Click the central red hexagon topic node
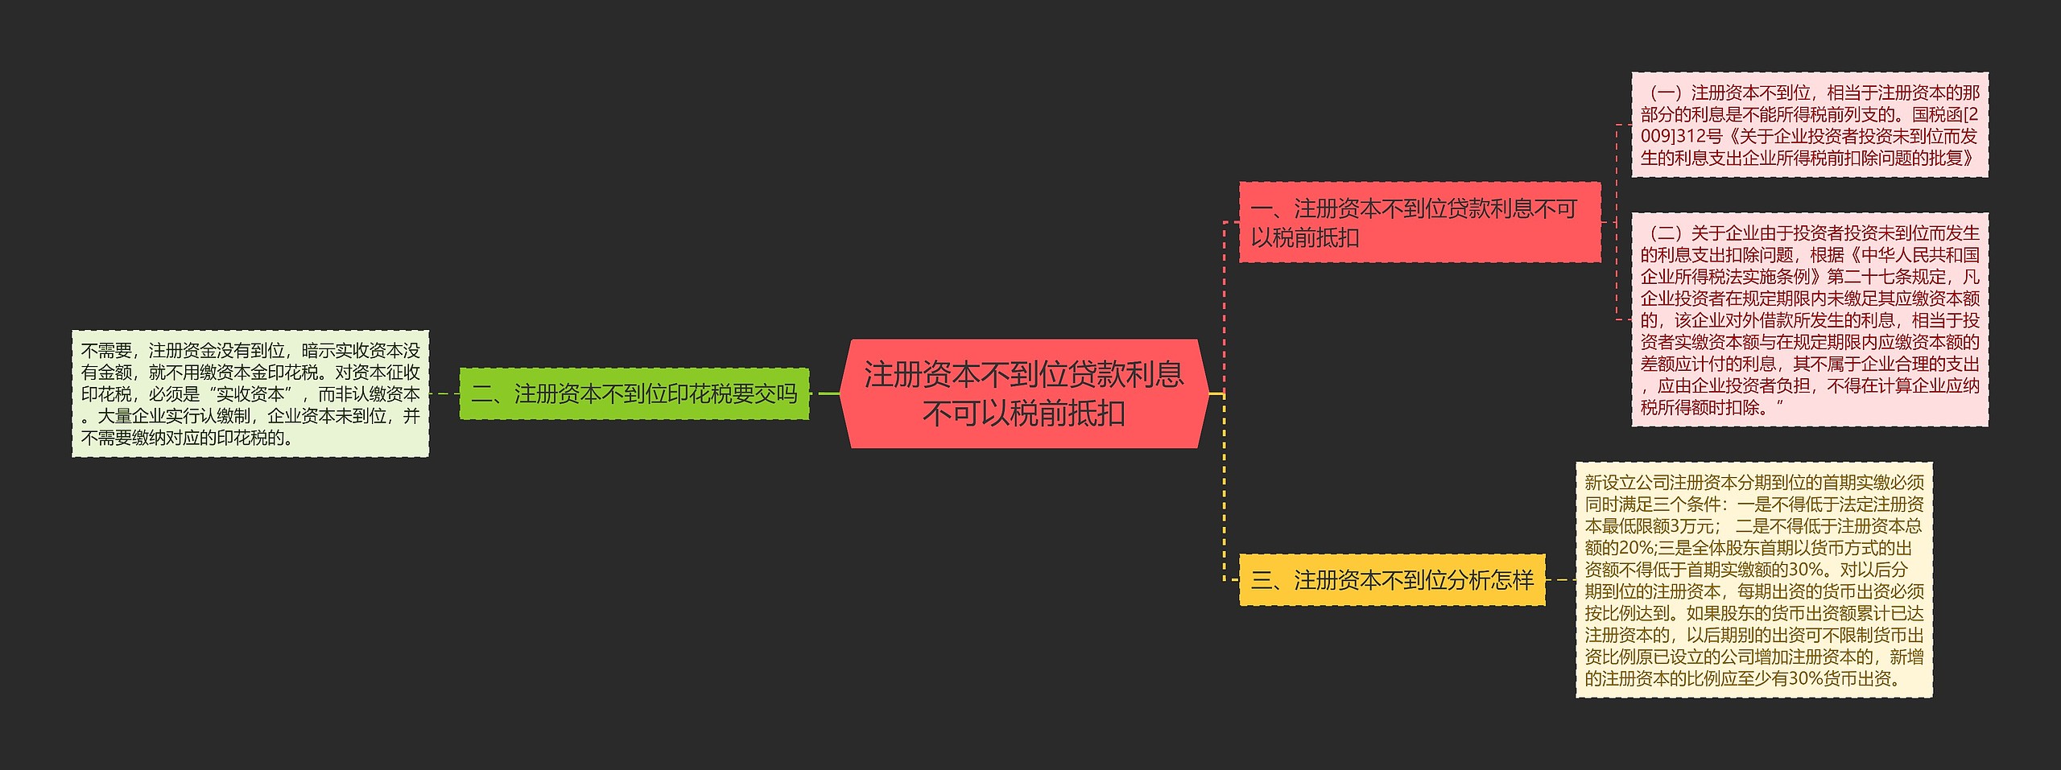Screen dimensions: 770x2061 pos(1024,393)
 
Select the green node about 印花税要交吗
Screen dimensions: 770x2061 pos(634,393)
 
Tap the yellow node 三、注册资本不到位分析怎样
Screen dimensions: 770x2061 pos(1392,579)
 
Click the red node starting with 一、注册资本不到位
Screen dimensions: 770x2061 pos(1419,222)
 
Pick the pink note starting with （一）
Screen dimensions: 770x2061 pos(1809,125)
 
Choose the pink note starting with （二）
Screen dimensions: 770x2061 pos(1809,319)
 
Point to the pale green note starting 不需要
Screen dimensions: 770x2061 pos(250,393)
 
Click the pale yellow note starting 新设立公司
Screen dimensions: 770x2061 pos(1753,579)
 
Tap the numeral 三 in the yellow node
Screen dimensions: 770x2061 pos(1262,579)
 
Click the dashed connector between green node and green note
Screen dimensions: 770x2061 pos(444,393)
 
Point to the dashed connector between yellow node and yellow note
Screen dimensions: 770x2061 pos(1560,579)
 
